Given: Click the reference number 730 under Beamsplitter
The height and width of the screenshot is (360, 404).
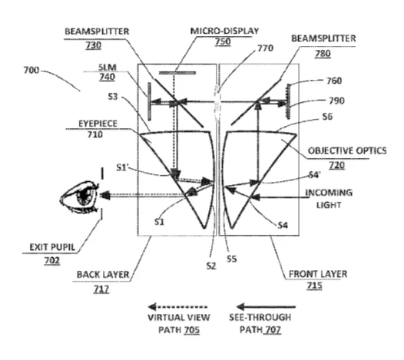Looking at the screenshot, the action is click(x=93, y=45).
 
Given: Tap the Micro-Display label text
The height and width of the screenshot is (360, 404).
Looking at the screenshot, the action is click(x=224, y=31).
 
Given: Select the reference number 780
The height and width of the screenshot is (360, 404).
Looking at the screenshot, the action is click(x=323, y=53).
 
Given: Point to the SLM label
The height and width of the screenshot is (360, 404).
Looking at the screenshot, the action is click(x=108, y=68).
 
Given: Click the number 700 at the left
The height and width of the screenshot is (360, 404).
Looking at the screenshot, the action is click(x=31, y=70).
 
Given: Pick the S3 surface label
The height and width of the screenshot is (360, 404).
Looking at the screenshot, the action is click(x=113, y=97).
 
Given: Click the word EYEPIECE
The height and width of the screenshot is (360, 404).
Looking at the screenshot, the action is click(x=98, y=124).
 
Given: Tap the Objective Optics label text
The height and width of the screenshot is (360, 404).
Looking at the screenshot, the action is click(x=347, y=150).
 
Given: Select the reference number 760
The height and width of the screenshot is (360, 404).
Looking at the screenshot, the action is click(x=334, y=81).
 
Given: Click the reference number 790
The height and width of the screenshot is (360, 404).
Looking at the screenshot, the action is click(x=336, y=101).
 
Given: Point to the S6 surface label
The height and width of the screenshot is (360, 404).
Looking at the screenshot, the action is click(x=327, y=117).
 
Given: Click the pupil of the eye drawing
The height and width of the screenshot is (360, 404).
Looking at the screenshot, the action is click(x=84, y=196).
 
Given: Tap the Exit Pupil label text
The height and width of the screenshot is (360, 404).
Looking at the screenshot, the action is click(x=52, y=247).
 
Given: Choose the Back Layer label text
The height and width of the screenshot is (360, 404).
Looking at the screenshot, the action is click(x=103, y=275).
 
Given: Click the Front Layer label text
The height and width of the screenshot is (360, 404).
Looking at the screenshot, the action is click(x=318, y=274).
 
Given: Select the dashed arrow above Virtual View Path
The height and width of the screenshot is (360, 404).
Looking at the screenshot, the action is click(x=177, y=307).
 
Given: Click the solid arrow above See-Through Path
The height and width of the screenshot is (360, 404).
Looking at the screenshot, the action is click(x=266, y=307).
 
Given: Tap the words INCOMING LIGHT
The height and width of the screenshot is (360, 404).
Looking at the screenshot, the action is click(x=329, y=199).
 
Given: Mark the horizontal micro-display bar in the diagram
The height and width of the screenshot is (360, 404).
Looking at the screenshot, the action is click(x=177, y=73).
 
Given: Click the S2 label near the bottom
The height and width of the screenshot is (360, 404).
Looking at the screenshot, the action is click(x=211, y=266).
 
